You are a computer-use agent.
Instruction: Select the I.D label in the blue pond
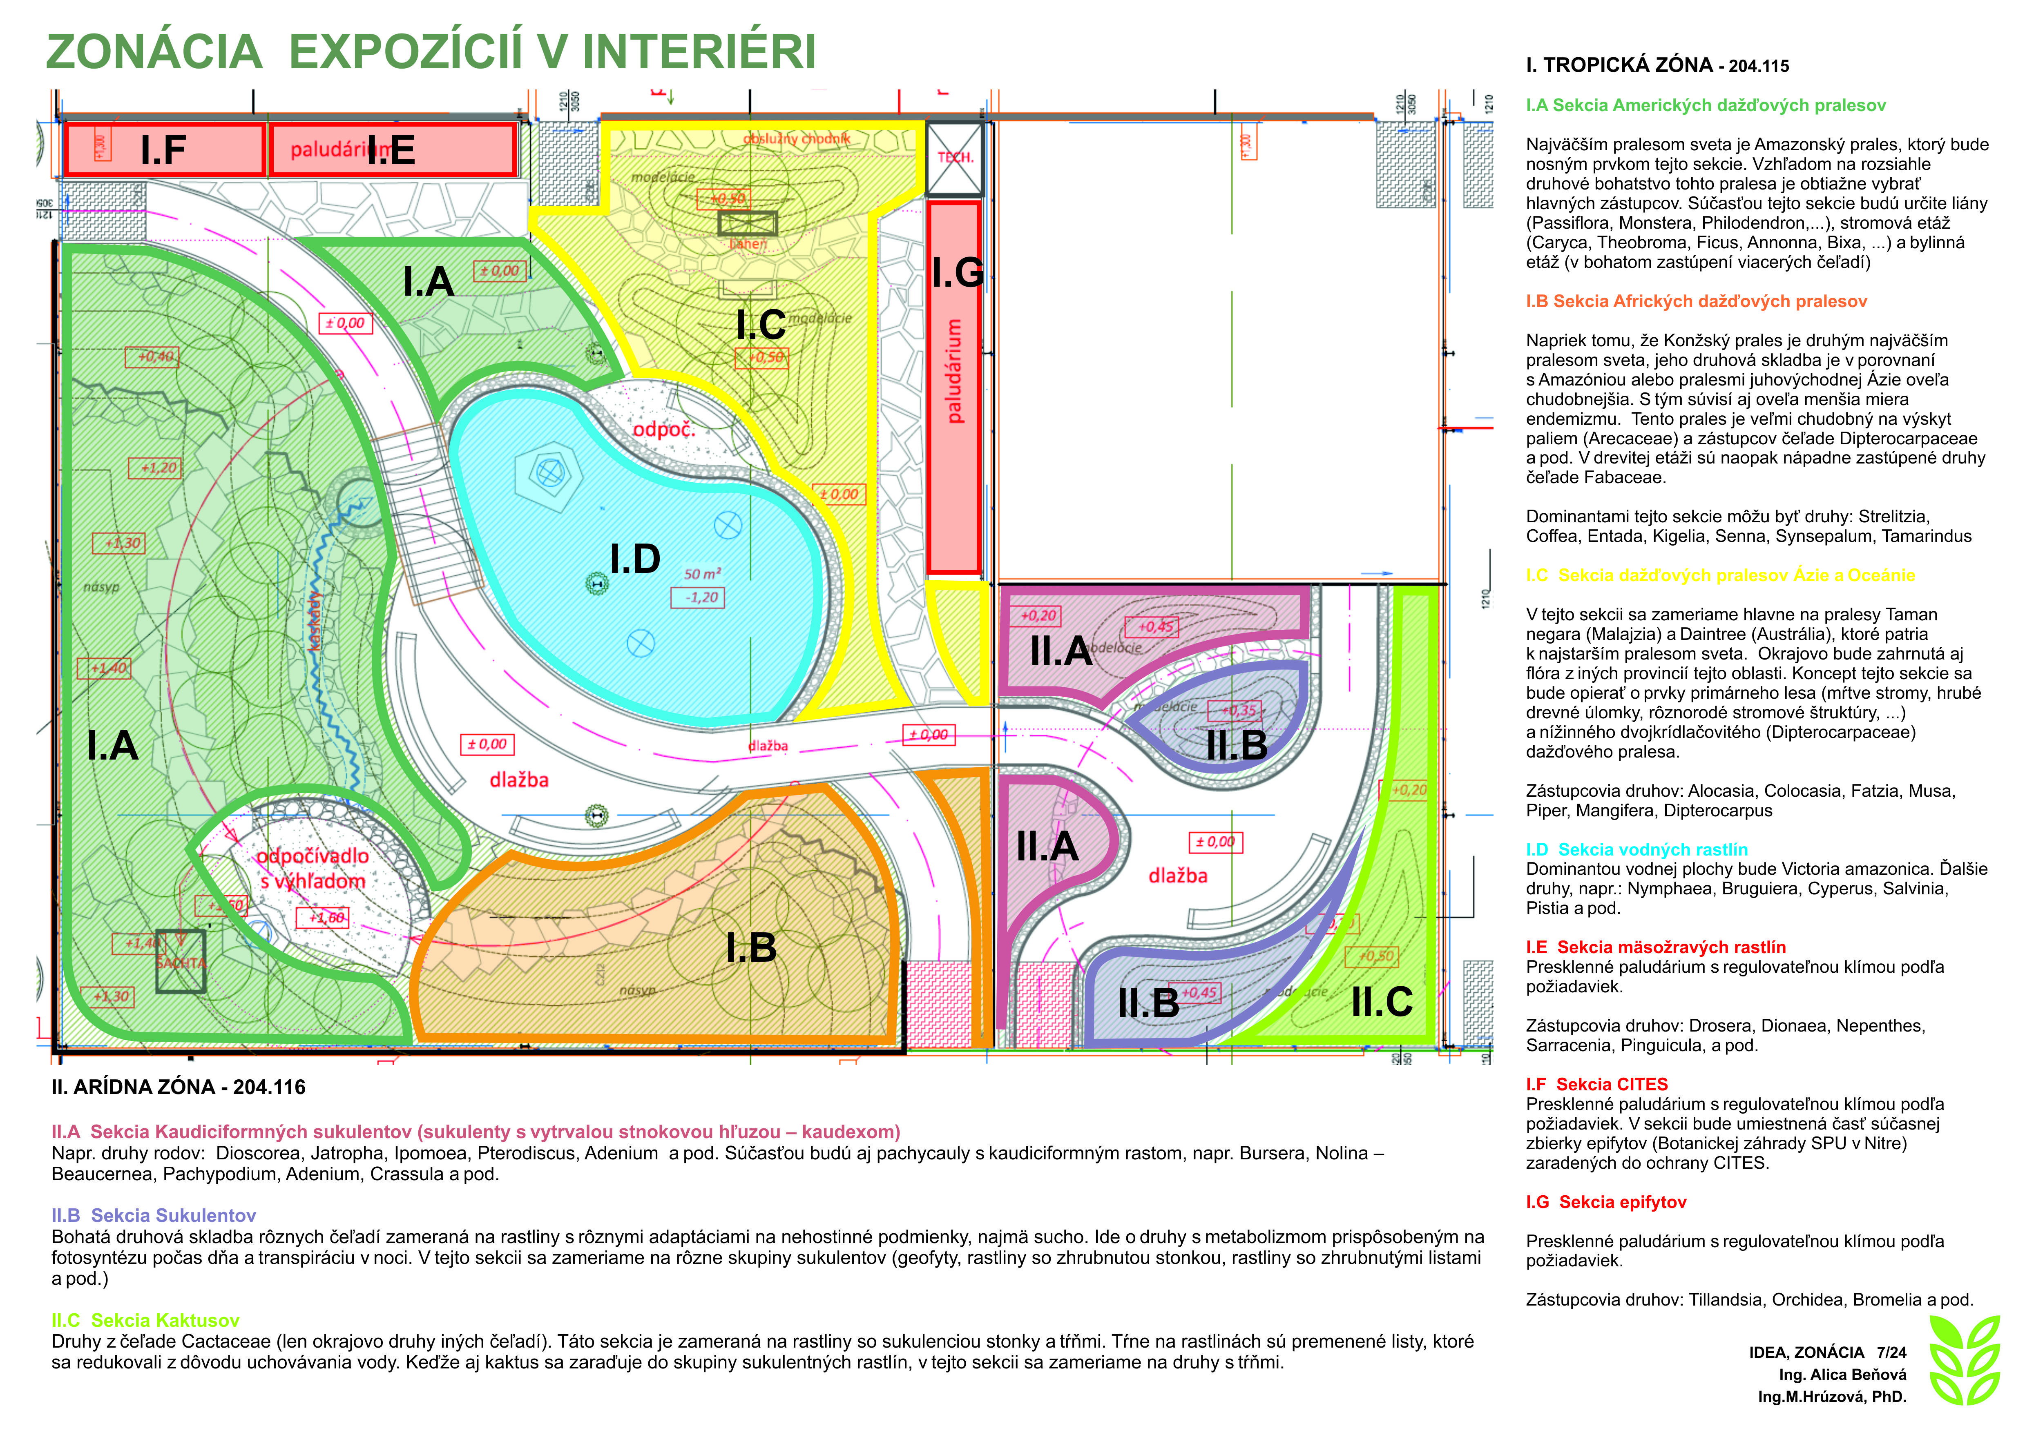635,559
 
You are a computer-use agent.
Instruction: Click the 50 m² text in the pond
703,574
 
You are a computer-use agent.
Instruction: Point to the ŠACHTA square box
181,961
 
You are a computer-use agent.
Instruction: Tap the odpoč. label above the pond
664,430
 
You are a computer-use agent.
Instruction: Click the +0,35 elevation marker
1239,711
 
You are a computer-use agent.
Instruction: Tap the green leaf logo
1964,1361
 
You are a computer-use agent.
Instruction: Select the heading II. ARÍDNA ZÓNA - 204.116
179,1087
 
